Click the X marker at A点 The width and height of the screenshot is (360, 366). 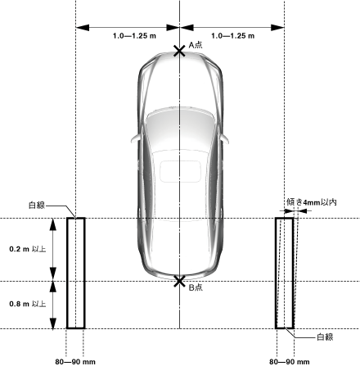click(179, 51)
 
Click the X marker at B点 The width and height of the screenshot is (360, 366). click(179, 281)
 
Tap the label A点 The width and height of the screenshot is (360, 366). click(196, 45)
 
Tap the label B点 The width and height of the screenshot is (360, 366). click(196, 287)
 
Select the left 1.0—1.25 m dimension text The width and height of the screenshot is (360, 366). click(134, 36)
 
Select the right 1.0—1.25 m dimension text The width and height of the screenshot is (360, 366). click(233, 36)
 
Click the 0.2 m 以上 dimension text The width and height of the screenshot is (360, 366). click(28, 249)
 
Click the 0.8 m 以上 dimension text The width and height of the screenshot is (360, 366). click(28, 304)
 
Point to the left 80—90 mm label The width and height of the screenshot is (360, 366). click(75, 362)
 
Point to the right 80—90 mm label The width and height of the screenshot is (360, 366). click(290, 362)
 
